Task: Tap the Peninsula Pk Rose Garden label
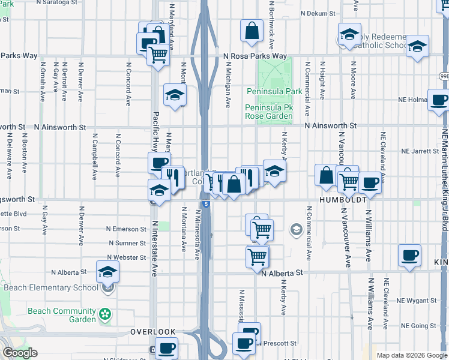point(269,112)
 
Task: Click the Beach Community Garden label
point(62,315)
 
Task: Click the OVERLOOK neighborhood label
point(153,332)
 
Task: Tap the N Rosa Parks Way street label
point(255,56)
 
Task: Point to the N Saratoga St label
point(58,2)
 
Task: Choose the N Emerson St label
point(126,229)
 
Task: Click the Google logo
point(19,353)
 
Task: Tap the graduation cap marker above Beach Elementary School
point(108,271)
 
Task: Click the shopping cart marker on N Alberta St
point(258,256)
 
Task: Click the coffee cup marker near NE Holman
point(439,100)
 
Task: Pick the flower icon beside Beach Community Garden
point(106,314)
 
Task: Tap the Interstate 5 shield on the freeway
point(206,205)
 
